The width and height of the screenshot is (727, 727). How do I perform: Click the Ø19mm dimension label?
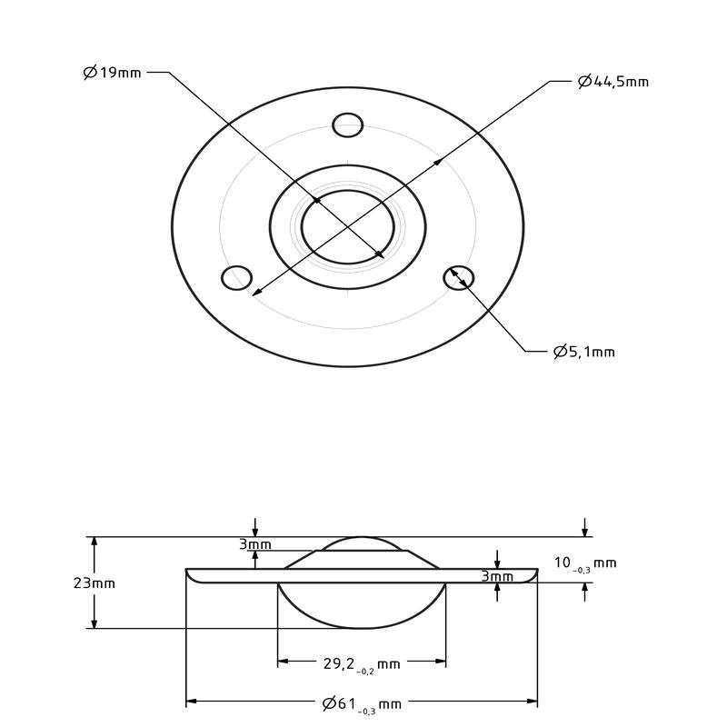point(113,72)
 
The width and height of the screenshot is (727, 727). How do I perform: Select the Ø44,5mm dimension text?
point(613,82)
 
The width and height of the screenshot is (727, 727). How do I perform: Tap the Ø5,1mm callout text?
point(584,352)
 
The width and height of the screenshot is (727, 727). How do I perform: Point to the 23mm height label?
point(94,583)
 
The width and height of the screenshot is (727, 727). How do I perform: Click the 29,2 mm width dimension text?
point(361,664)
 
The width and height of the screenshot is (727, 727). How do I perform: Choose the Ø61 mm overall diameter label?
point(362,703)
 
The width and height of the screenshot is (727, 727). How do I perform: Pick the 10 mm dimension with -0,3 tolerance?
point(584,563)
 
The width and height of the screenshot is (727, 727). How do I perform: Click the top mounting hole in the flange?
point(348,124)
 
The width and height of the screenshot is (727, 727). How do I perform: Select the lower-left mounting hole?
point(237,277)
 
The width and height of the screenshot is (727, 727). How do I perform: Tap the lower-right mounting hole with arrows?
point(459,277)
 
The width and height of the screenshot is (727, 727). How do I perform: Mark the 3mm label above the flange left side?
point(254,544)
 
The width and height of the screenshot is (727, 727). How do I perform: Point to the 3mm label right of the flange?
point(497,576)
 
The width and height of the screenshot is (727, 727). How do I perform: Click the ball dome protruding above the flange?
point(362,543)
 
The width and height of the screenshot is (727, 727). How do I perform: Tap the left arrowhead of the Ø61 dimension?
point(191,702)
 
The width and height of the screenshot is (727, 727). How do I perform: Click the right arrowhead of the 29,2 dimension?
point(441,662)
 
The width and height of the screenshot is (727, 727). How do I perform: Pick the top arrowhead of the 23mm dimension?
point(94,542)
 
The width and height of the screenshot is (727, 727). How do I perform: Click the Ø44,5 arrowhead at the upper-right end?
point(438,162)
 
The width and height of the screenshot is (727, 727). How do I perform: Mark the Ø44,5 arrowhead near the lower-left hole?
point(257,292)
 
